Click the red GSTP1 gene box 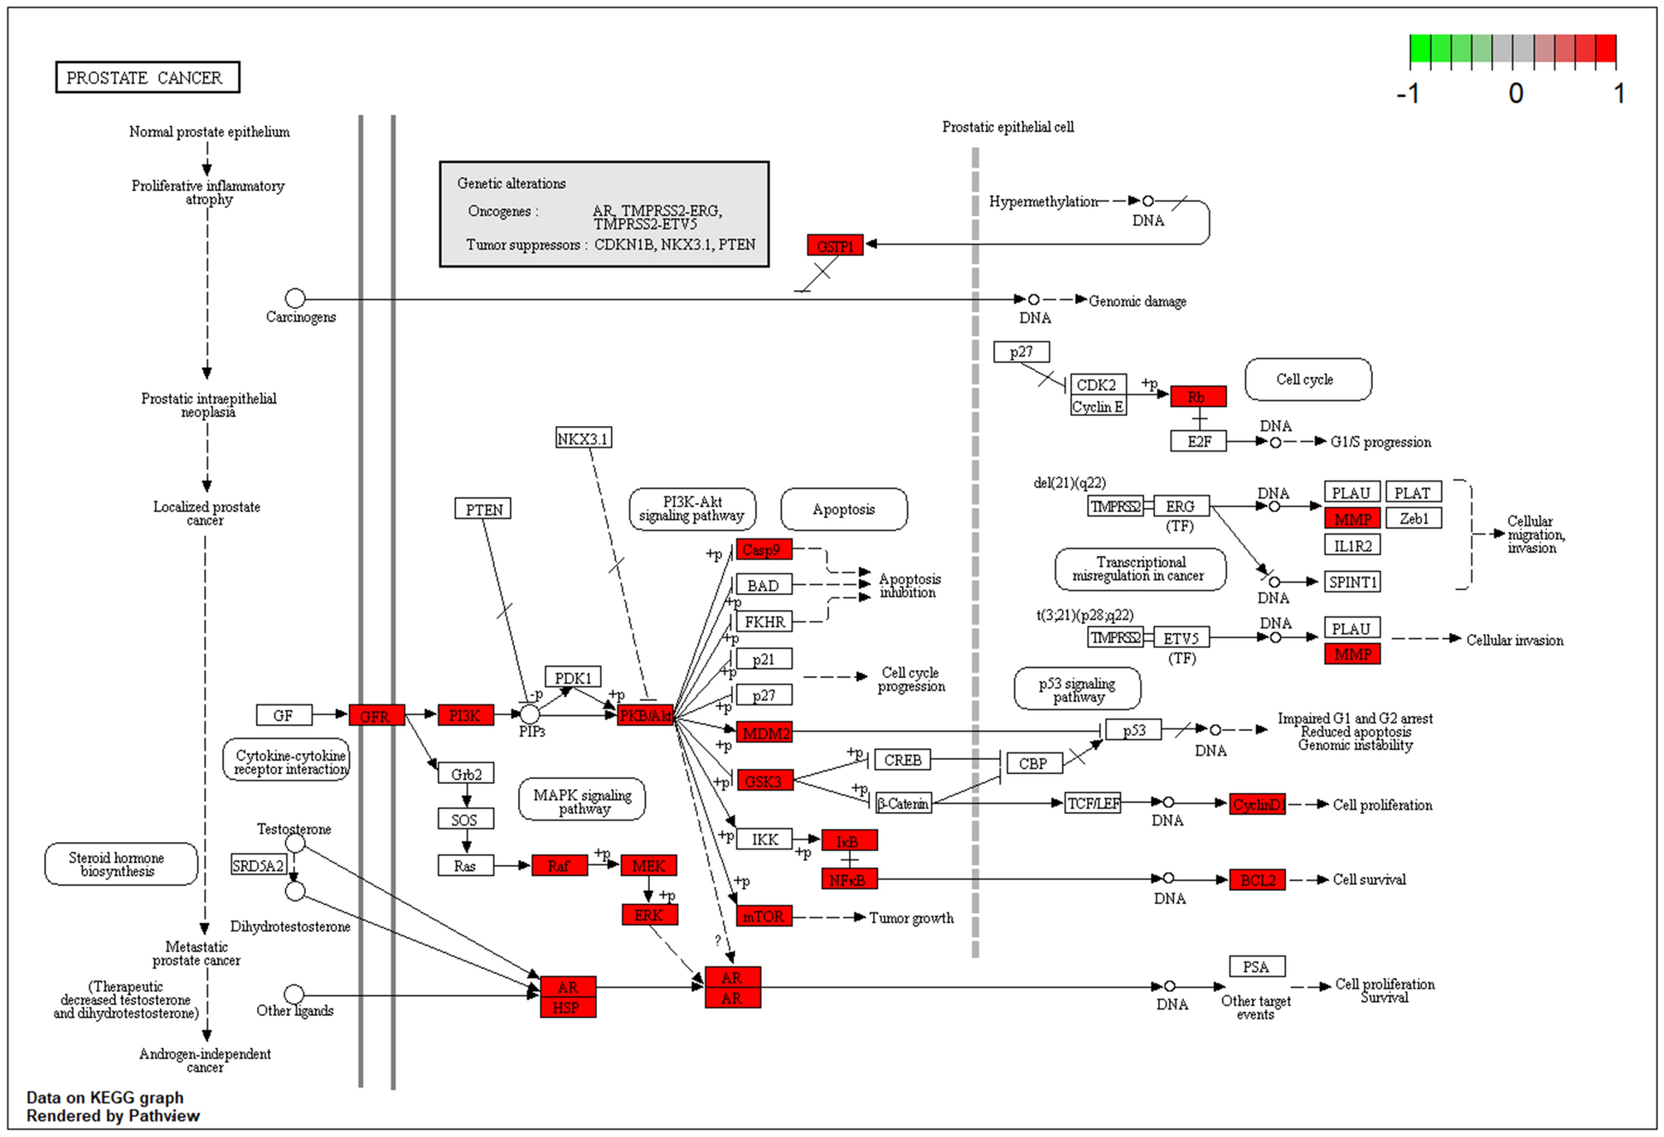click(834, 245)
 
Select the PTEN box click(483, 509)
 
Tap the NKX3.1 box click(583, 438)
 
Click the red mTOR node click(764, 916)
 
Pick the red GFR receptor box click(376, 715)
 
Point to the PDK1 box click(572, 677)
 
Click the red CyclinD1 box click(1257, 804)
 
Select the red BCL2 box click(1257, 879)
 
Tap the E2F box click(1198, 441)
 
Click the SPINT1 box click(1351, 582)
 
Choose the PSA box click(1256, 966)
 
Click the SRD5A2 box click(259, 865)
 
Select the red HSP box click(567, 1008)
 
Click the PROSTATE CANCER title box click(147, 77)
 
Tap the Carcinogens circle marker click(295, 298)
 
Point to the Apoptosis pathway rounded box click(843, 509)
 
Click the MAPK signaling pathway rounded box click(582, 800)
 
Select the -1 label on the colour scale click(1408, 94)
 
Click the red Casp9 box click(764, 549)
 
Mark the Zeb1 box click(1413, 519)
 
